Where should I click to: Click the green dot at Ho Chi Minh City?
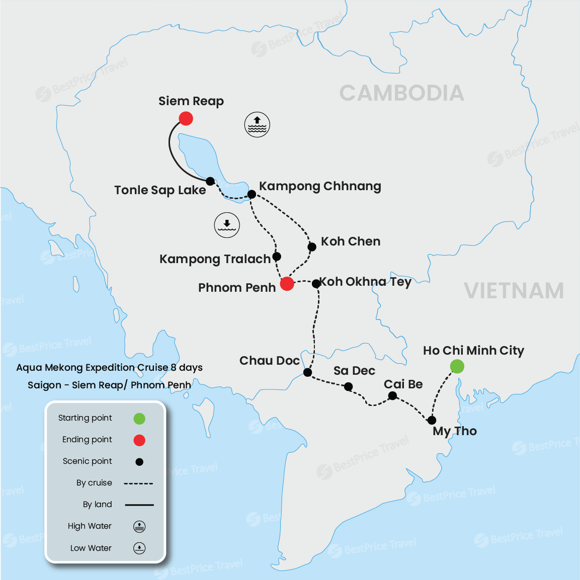[x=457, y=366]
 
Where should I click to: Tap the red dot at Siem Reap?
[x=186, y=119]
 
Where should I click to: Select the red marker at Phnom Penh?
[x=287, y=284]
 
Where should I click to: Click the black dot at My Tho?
[x=432, y=420]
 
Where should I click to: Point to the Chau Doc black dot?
[x=307, y=372]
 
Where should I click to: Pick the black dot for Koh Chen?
[x=312, y=246]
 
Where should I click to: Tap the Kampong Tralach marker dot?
[x=277, y=257]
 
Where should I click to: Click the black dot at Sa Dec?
[x=348, y=386]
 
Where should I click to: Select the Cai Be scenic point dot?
[x=392, y=396]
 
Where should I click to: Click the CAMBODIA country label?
[x=401, y=93]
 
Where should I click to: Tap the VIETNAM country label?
[x=513, y=291]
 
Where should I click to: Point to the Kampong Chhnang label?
[x=320, y=186]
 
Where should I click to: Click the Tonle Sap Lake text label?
[x=160, y=190]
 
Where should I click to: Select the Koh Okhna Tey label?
[x=366, y=282]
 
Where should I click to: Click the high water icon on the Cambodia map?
[x=257, y=125]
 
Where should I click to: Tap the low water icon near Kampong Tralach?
[x=227, y=225]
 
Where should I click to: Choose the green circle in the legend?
[x=139, y=419]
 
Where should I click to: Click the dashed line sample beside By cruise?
[x=138, y=483]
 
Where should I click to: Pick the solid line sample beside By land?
[x=139, y=505]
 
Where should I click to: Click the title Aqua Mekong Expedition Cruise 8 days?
[x=109, y=368]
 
